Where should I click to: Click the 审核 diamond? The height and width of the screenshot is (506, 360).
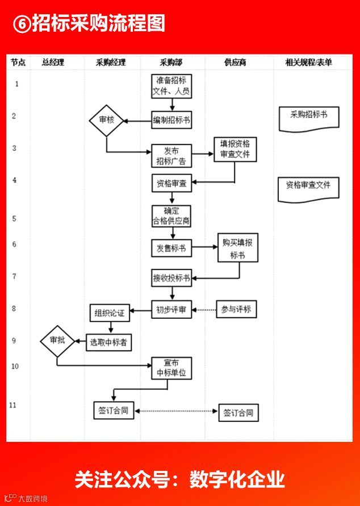[x=106, y=120]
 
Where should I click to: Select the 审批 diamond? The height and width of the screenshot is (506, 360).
[x=57, y=340]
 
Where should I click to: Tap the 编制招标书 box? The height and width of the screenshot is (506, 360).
[x=171, y=120]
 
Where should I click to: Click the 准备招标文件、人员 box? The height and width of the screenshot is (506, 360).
[x=171, y=85]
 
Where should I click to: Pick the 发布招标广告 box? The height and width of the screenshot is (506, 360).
[x=171, y=156]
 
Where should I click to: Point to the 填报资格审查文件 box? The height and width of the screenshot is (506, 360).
[x=235, y=149]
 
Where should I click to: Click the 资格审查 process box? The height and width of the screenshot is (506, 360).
[x=171, y=183]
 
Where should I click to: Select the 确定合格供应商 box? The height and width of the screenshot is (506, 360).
[x=171, y=216]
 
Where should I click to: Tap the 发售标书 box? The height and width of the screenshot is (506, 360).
[x=171, y=248]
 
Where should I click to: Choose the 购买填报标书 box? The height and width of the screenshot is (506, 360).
[x=237, y=248]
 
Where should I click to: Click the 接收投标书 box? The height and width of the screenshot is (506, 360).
[x=171, y=278]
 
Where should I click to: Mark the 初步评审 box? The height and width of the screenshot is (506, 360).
[x=171, y=310]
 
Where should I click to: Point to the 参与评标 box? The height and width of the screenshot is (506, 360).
[x=237, y=310]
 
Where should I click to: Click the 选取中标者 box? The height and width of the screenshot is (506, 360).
[x=114, y=343]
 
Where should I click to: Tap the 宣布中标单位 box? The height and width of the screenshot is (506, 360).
[x=171, y=368]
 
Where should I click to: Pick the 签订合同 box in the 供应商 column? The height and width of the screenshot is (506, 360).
[x=238, y=412]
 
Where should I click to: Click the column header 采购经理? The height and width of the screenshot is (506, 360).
[x=111, y=63]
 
